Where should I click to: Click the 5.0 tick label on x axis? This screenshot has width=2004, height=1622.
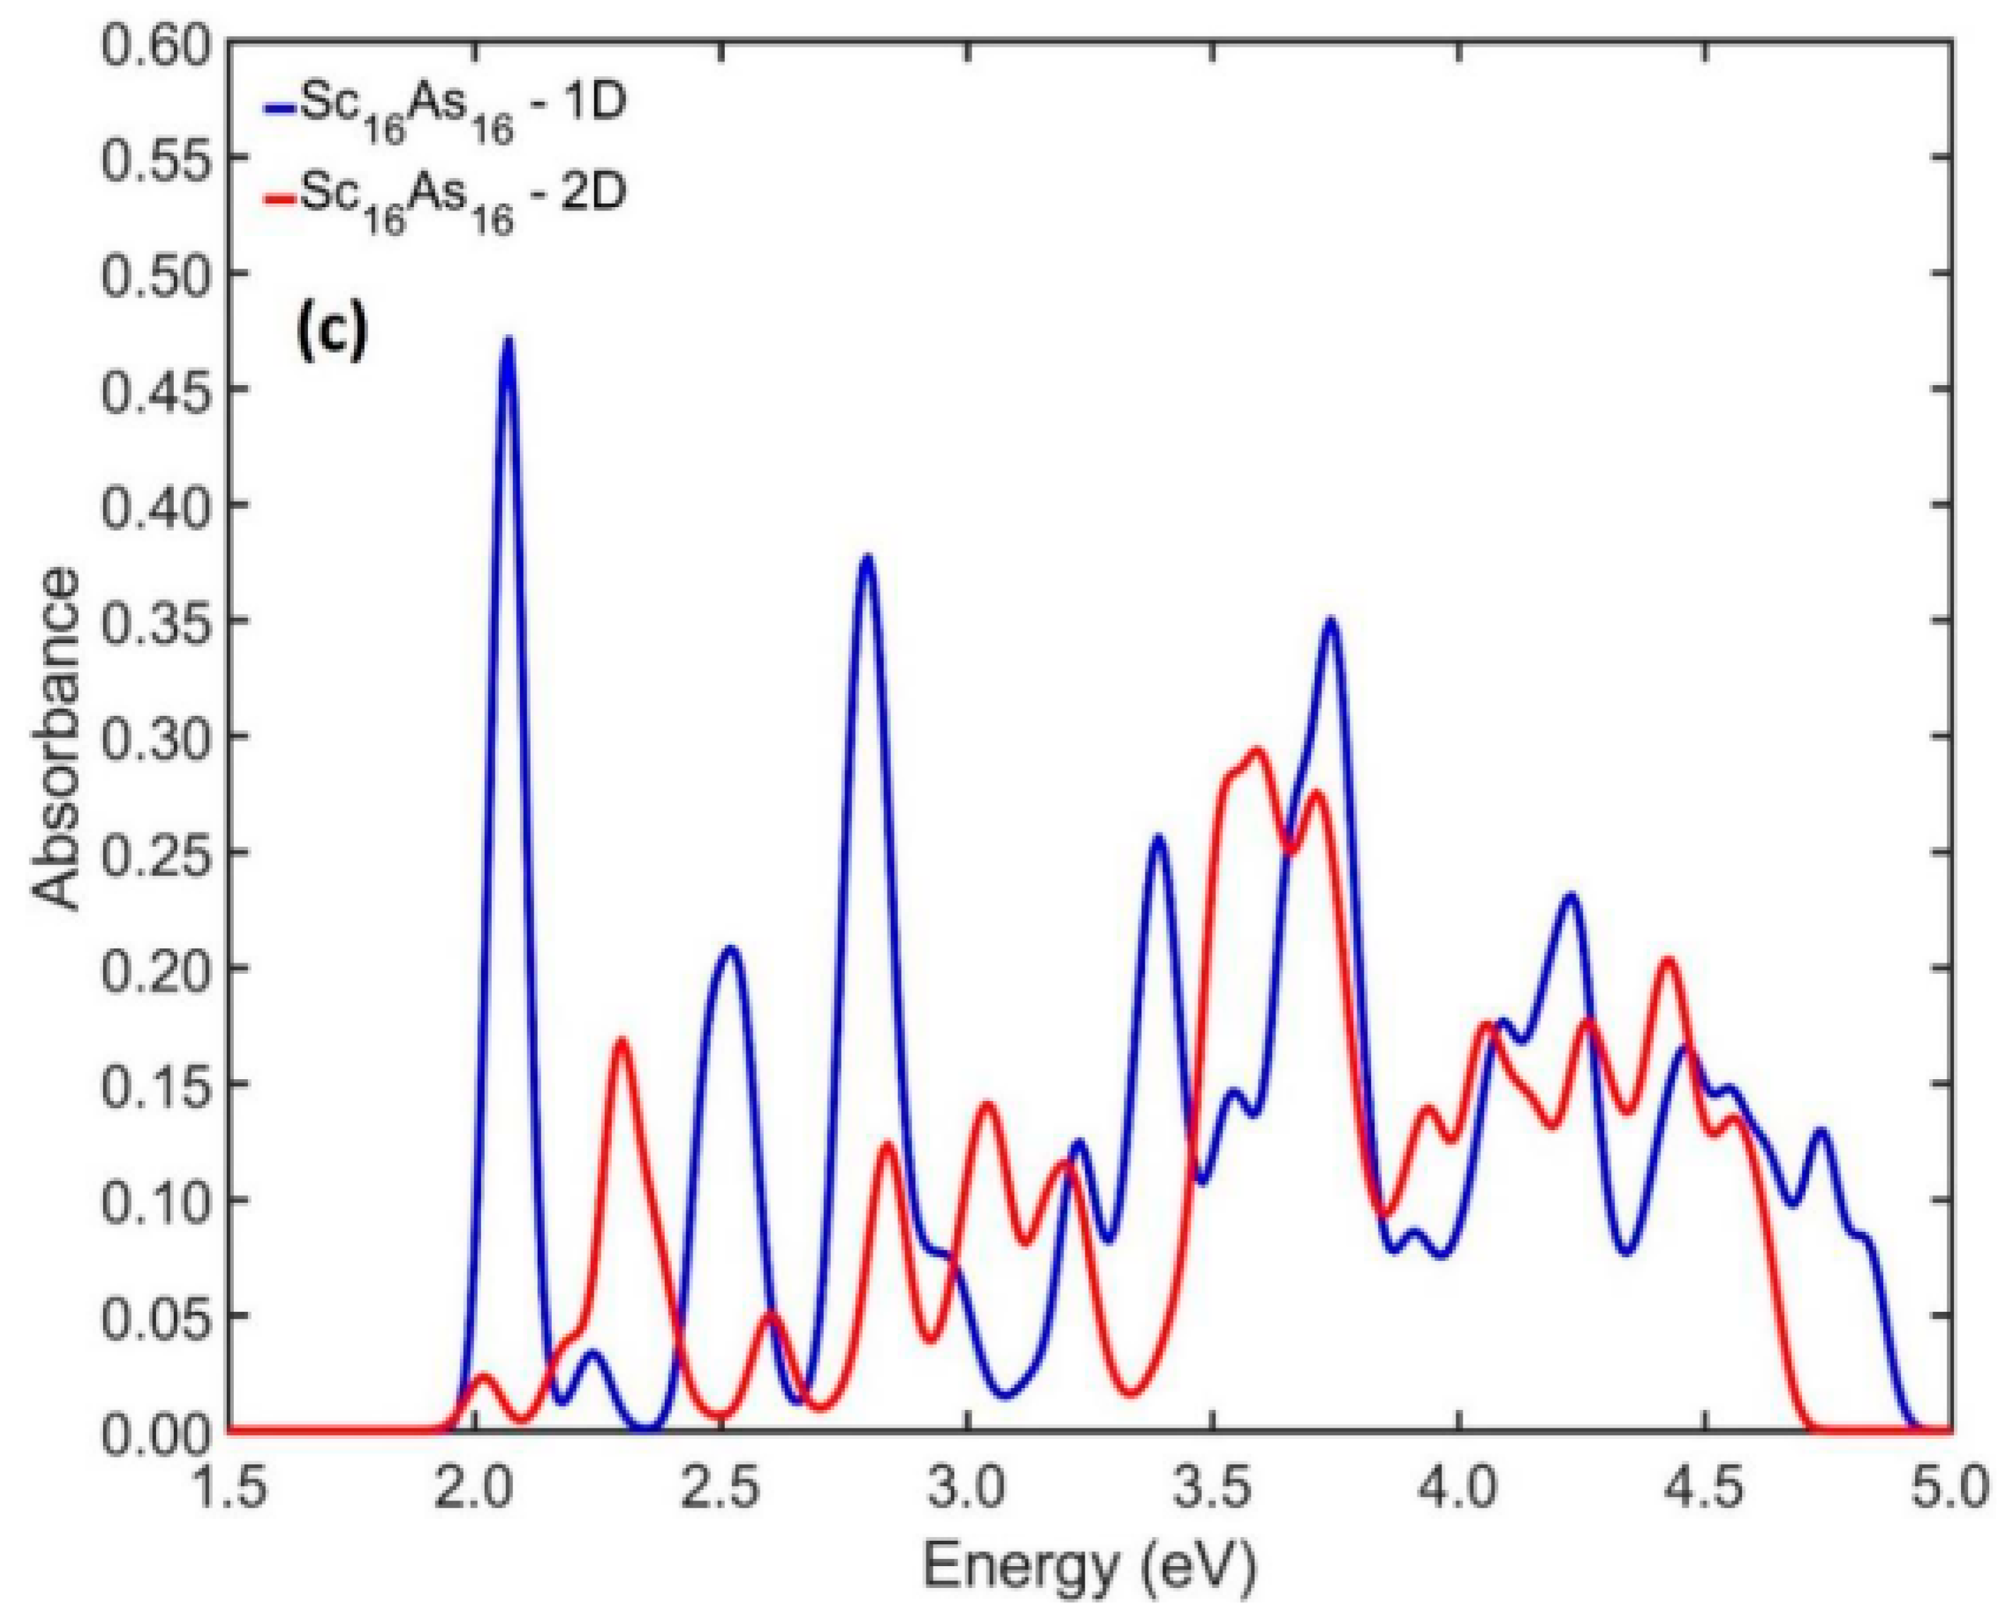click(1948, 1486)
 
